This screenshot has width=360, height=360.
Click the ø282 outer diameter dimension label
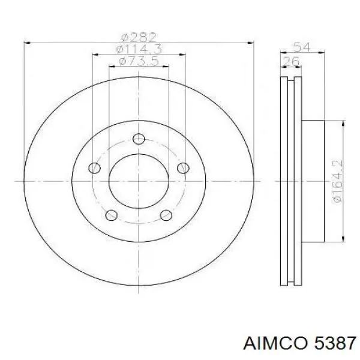pos(139,38)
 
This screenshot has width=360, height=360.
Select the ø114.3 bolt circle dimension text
pos(139,49)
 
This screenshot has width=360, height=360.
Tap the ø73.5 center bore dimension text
pos(139,61)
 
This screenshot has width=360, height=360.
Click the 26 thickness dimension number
pos(291,61)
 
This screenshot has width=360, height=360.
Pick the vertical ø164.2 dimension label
pos(337,181)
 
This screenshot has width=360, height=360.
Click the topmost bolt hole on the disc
pos(139,139)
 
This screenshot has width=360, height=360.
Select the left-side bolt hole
pos(95,168)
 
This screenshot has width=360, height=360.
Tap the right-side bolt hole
pos(183,168)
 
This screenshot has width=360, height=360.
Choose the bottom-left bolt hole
pos(112,215)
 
